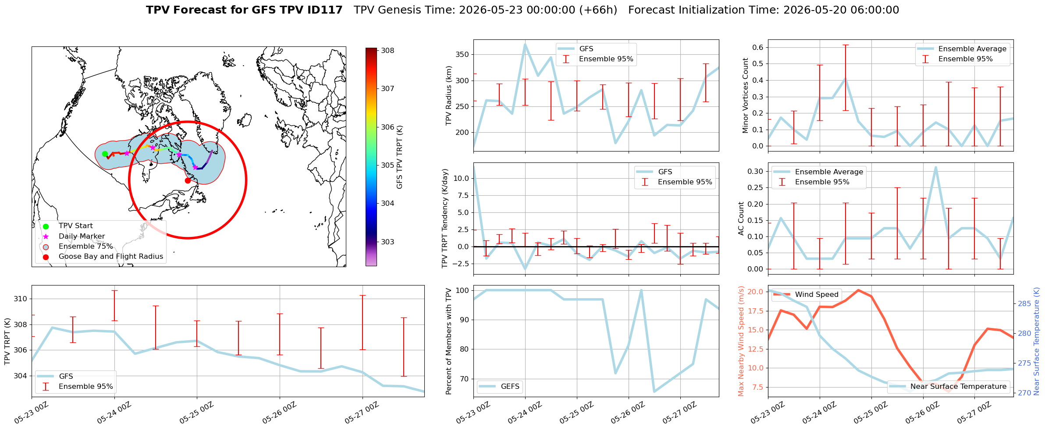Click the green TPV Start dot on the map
105,154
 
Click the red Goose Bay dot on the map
188,180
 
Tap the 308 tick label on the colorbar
387,50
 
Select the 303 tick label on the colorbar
387,242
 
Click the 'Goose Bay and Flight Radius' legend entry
111,257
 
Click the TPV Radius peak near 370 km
525,44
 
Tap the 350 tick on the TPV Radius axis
463,55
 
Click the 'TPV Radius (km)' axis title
448,95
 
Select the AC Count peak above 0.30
936,167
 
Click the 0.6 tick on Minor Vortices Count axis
758,47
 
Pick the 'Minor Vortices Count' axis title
745,95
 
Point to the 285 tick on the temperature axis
1024,303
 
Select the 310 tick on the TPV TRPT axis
21,299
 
